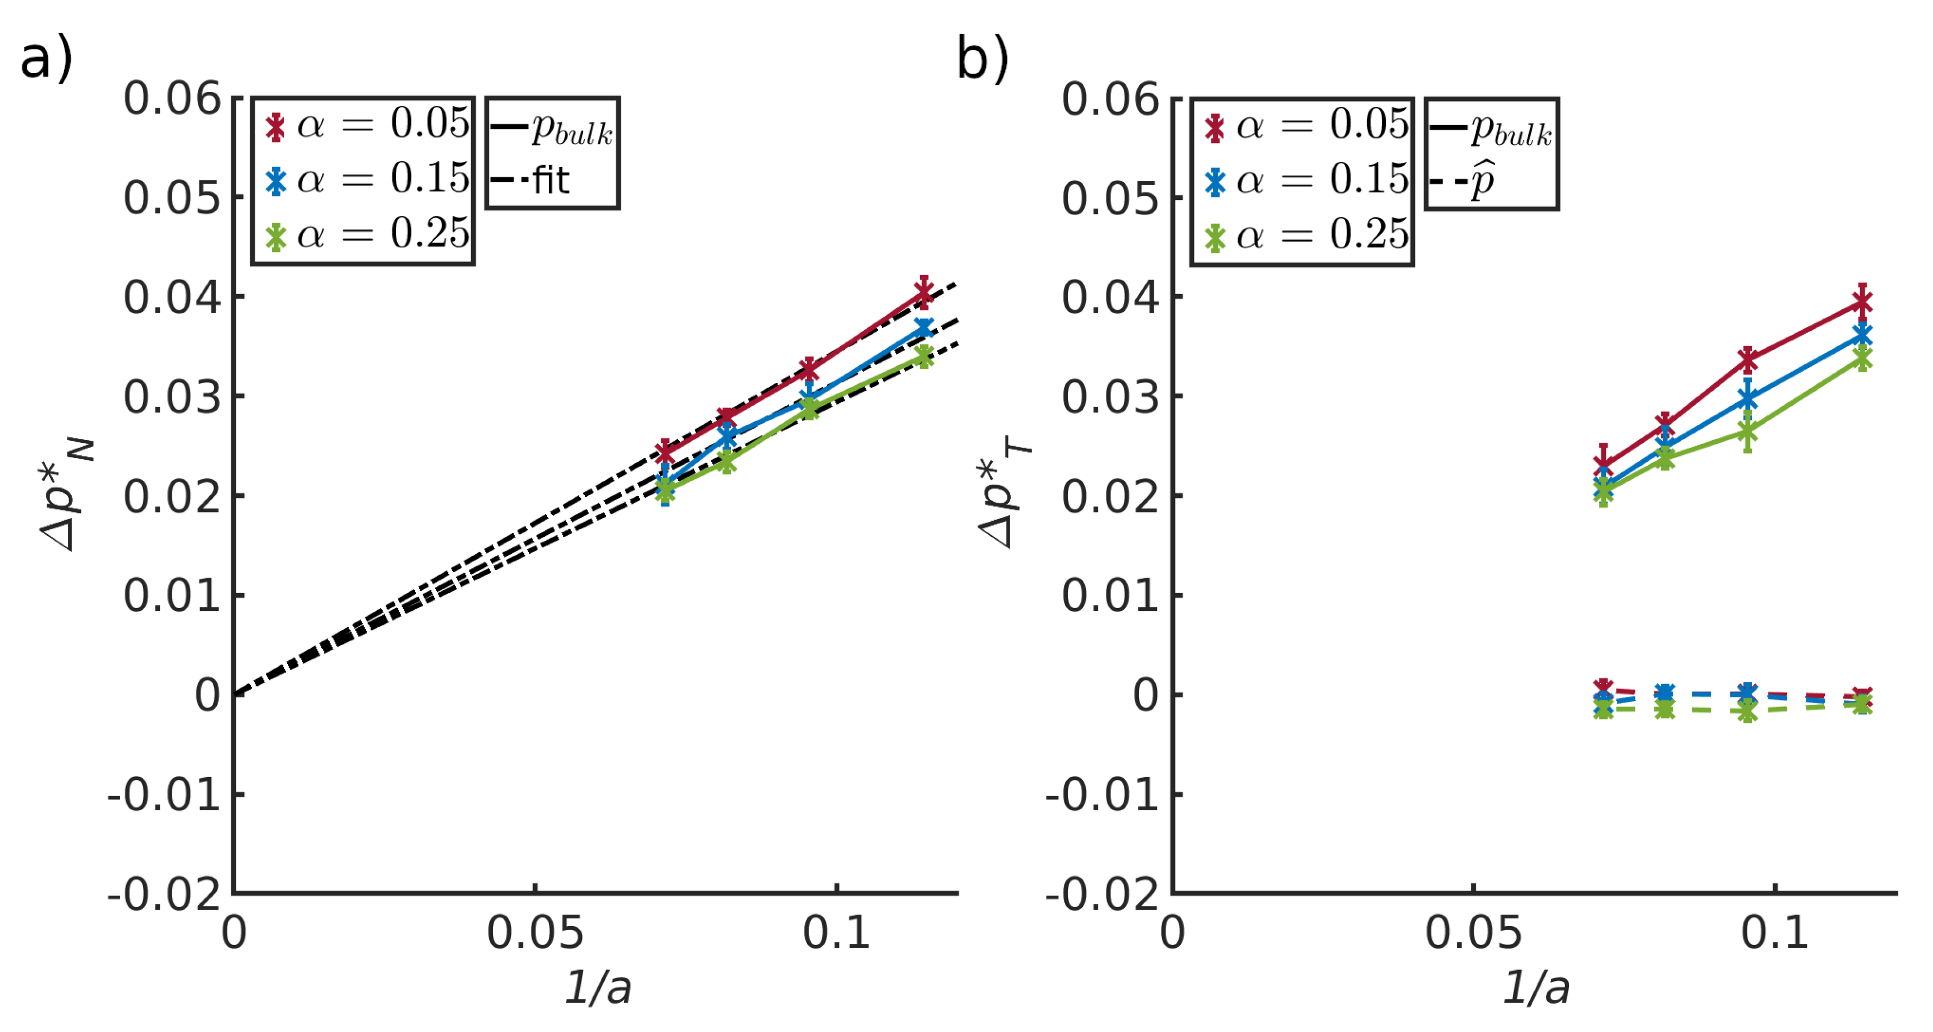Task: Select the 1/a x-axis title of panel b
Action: click(x=1535, y=986)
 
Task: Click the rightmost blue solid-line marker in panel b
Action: click(x=1862, y=335)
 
